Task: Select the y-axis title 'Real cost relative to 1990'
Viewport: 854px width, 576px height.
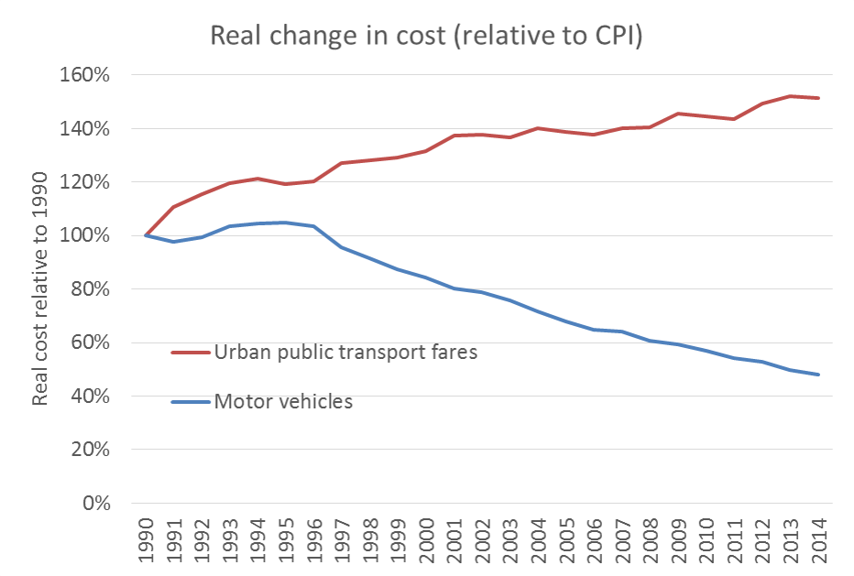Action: [x=40, y=288]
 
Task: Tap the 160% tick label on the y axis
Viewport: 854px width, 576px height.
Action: [x=84, y=75]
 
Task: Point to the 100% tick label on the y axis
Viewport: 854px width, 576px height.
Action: [x=84, y=236]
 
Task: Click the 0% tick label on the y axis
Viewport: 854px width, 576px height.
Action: [x=94, y=504]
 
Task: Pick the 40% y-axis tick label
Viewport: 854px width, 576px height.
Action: [x=89, y=397]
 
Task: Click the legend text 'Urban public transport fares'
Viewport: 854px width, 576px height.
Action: [x=345, y=352]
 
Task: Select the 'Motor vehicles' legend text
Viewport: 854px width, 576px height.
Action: [x=283, y=401]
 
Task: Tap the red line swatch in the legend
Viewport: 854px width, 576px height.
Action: [x=191, y=352]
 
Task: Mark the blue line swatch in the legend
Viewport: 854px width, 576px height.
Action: [x=191, y=401]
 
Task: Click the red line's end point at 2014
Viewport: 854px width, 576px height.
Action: [x=817, y=98]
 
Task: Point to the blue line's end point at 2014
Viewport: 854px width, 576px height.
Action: [x=817, y=375]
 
